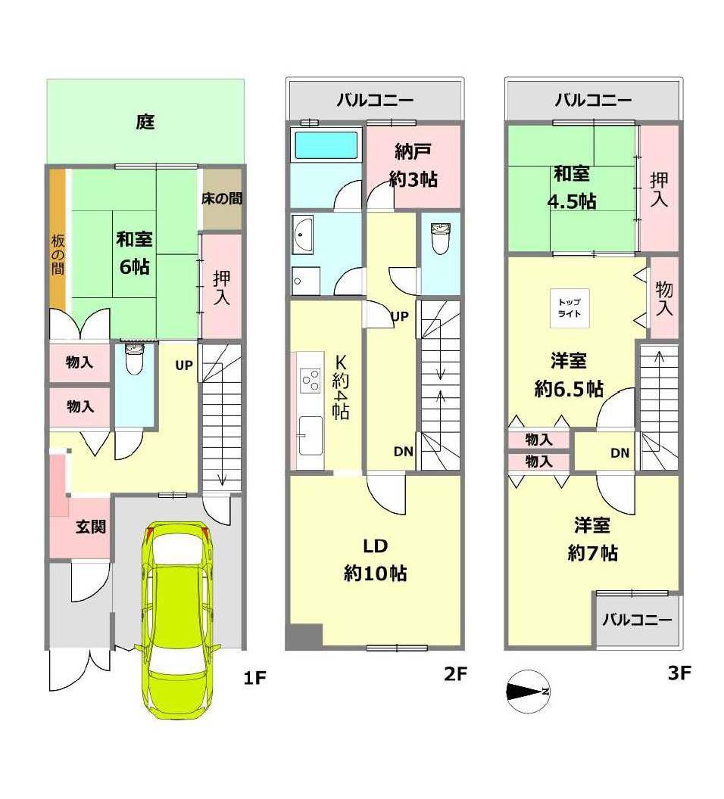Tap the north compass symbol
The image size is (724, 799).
[528, 692]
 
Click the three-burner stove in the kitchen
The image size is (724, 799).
[311, 380]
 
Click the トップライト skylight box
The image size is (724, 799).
[570, 308]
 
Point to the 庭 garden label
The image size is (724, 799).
[145, 123]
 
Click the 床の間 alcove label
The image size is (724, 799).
[222, 198]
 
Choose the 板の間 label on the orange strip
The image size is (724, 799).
[58, 255]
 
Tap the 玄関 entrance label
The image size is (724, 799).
[92, 527]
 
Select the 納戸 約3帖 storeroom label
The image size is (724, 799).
[413, 165]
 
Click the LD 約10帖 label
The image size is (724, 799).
[376, 560]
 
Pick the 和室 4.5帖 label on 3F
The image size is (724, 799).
[572, 188]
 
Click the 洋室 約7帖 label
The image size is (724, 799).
[592, 539]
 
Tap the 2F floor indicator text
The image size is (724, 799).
[455, 673]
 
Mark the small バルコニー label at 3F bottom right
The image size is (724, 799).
[638, 620]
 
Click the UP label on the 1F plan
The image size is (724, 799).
[184, 365]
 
